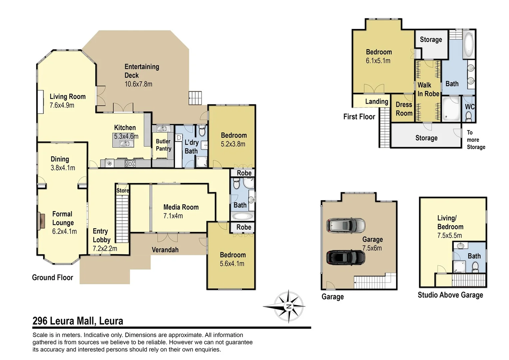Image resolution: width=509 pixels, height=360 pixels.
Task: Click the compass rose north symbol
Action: pos(288,306)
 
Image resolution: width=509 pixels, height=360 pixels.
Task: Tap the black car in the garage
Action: pos(346,258)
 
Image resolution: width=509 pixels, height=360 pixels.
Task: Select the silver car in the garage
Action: pos(346,226)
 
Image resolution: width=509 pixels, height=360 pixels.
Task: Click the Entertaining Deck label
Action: pos(142,71)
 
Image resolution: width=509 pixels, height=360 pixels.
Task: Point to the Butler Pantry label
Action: pos(163,145)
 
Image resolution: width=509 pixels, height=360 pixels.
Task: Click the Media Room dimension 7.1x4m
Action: pos(173,216)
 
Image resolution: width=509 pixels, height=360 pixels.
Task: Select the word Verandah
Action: pos(165,250)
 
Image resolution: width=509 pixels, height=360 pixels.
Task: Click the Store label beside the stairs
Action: pos(122,191)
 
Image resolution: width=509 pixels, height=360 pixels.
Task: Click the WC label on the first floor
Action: pos(469,107)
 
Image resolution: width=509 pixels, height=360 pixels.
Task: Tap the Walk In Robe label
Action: pos(428,90)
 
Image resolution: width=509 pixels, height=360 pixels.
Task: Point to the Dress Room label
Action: pos(404,109)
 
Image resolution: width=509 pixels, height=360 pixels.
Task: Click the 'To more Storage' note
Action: pos(475,140)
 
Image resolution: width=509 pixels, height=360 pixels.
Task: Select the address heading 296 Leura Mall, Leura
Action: pos(78,321)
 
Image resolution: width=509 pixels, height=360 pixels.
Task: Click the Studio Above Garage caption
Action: pos(450,295)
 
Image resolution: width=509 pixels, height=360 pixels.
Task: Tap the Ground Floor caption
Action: pos(52,277)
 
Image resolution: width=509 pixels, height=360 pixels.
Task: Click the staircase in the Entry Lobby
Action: pos(122,218)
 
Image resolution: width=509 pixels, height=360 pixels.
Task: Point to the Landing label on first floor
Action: pos(376,102)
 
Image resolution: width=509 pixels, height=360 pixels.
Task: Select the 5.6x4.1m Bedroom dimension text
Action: pos(232,264)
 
